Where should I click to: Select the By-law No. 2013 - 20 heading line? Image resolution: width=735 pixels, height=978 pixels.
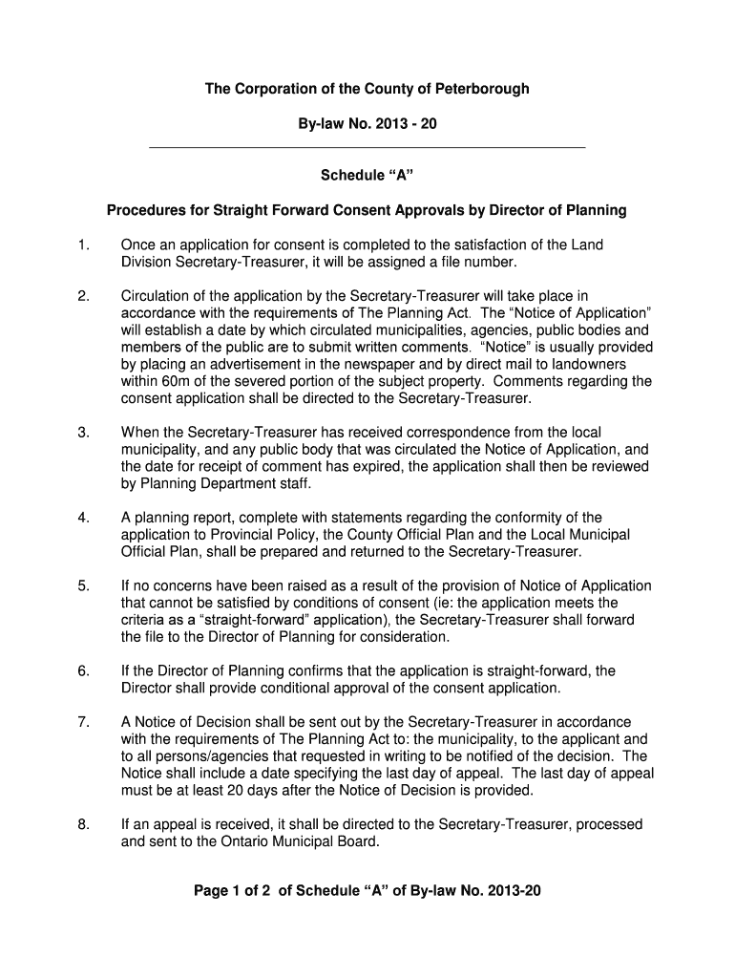click(x=367, y=125)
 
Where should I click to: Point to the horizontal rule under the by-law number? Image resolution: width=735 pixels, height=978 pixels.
click(x=367, y=148)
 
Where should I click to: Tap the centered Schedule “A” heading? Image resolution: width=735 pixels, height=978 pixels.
click(x=367, y=176)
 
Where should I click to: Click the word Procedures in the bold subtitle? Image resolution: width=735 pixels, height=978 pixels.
click(x=142, y=210)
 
